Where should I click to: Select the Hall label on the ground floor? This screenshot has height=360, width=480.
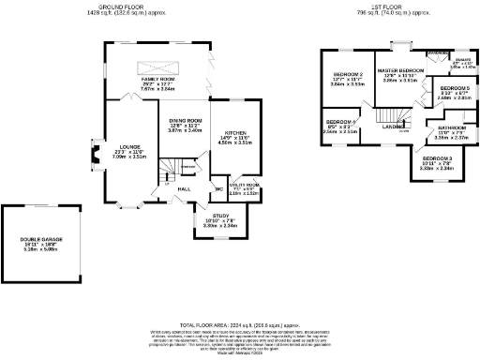point(185,188)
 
